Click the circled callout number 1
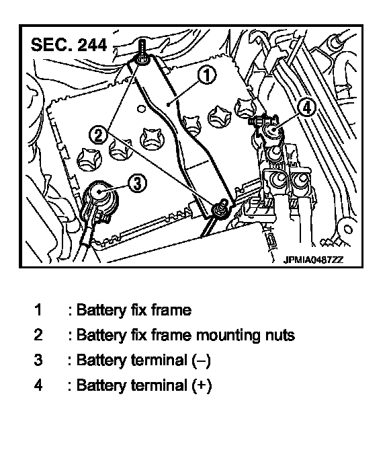tap(207, 75)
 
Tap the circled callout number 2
tap(99, 135)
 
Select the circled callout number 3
tap(137, 183)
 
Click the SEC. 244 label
tap(69, 45)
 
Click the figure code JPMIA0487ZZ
tap(313, 260)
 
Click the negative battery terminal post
tap(99, 192)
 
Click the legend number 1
tap(38, 310)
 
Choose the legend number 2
tap(38, 335)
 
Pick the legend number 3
tap(38, 360)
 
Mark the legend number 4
tap(38, 385)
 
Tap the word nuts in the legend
tap(278, 336)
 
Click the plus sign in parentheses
tap(202, 385)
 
